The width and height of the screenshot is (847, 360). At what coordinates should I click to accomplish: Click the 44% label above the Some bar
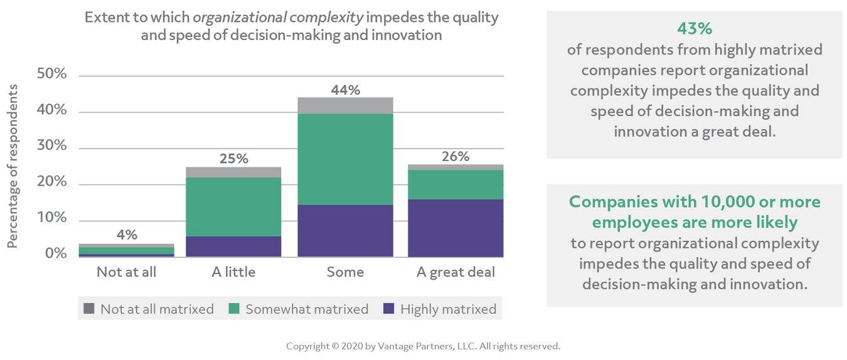point(345,90)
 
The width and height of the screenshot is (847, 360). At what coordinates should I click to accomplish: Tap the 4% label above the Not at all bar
point(126,235)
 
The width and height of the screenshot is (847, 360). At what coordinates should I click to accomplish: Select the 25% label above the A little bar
point(234,159)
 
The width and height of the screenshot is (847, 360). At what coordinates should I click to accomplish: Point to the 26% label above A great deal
point(455,157)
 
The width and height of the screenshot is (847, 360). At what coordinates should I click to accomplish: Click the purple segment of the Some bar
point(345,231)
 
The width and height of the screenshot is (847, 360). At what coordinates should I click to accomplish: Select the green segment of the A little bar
point(234,206)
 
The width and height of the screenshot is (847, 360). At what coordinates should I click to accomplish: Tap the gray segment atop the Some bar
point(345,105)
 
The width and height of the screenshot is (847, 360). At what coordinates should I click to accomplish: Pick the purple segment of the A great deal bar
point(455,228)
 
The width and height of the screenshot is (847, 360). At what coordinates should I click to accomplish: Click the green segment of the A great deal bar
point(455,184)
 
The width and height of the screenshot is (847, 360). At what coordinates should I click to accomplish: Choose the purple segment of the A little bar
point(234,246)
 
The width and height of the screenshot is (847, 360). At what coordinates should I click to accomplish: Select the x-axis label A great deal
point(455,272)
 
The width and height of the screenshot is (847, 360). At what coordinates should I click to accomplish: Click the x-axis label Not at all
point(126,272)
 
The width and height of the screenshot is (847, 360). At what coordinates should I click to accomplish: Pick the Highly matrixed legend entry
point(440,309)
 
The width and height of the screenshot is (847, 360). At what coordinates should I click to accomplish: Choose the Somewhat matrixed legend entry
point(298,309)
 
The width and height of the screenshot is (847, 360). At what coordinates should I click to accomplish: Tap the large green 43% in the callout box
point(694,28)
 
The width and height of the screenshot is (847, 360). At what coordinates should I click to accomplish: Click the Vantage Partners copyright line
point(423,346)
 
